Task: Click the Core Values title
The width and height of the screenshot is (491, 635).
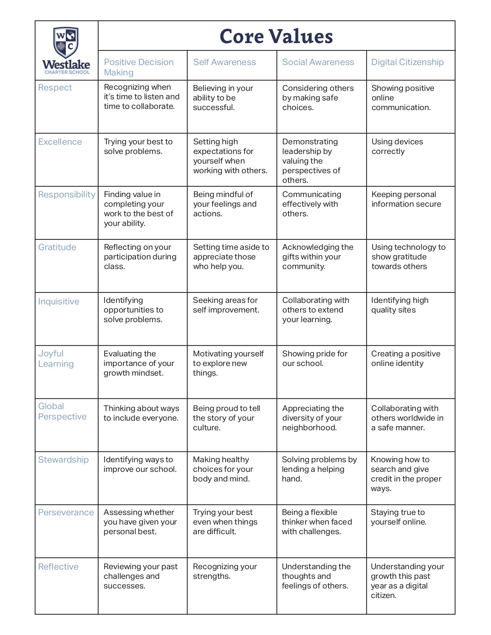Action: click(276, 37)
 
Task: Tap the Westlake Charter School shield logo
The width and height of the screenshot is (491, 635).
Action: click(66, 43)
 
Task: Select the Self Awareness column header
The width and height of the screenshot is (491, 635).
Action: click(225, 62)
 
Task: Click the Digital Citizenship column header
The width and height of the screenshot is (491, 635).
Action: click(407, 62)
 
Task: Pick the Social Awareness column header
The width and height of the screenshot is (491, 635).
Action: click(318, 62)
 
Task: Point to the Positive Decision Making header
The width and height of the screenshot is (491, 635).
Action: click(139, 67)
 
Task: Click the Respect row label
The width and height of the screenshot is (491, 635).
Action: click(55, 88)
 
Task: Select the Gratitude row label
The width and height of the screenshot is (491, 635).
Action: click(57, 247)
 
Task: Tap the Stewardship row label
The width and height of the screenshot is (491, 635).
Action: click(64, 460)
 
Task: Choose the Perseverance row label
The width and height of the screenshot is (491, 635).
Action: click(66, 513)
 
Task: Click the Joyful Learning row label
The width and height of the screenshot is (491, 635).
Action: click(56, 359)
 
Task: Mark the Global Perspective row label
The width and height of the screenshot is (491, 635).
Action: click(62, 411)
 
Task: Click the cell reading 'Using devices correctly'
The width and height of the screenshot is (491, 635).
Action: click(397, 147)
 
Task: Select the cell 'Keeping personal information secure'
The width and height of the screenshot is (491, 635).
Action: click(406, 199)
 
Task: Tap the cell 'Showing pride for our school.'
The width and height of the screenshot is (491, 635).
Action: click(315, 359)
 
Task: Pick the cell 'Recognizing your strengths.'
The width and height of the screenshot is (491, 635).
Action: click(225, 571)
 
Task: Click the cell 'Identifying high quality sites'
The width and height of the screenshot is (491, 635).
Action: click(400, 305)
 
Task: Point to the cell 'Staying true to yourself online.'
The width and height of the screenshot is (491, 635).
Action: click(399, 517)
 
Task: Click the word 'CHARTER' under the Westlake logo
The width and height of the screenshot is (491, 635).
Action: click(55, 72)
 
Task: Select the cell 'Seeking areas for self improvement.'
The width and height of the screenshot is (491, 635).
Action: click(226, 305)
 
